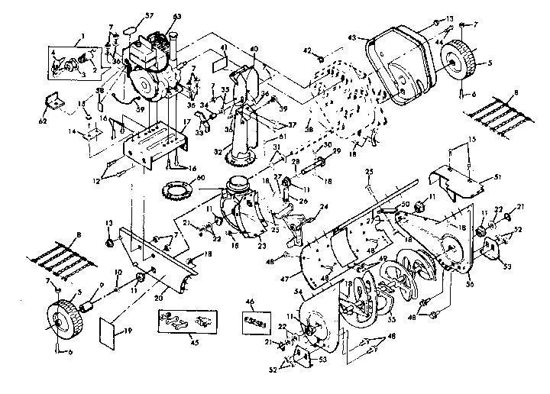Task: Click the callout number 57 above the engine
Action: (149, 16)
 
